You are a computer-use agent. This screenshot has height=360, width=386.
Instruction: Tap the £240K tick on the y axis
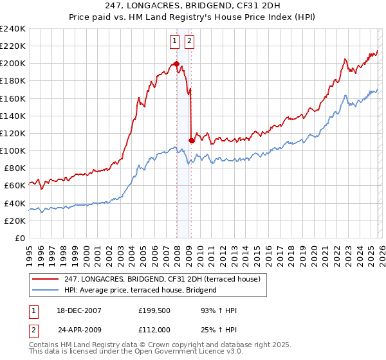(x=13, y=29)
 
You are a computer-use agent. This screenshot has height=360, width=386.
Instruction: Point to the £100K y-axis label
(x=13, y=150)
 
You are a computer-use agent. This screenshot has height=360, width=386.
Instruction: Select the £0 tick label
(x=19, y=238)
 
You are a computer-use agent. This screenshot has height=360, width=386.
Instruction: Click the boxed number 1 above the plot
(x=174, y=41)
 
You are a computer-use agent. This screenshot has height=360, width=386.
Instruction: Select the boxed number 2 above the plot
(x=190, y=41)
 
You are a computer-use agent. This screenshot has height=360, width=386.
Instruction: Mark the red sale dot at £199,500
(x=176, y=64)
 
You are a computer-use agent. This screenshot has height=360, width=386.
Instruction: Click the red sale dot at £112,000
(x=192, y=140)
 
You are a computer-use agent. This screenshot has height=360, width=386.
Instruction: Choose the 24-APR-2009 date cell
(x=79, y=330)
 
